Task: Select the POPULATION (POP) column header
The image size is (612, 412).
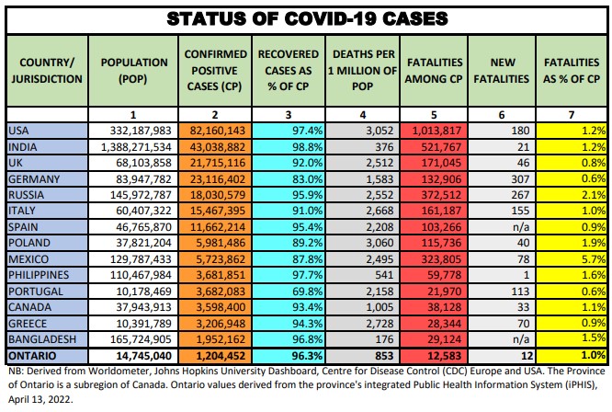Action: [x=133, y=69]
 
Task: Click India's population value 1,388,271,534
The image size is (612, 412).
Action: [x=136, y=147]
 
